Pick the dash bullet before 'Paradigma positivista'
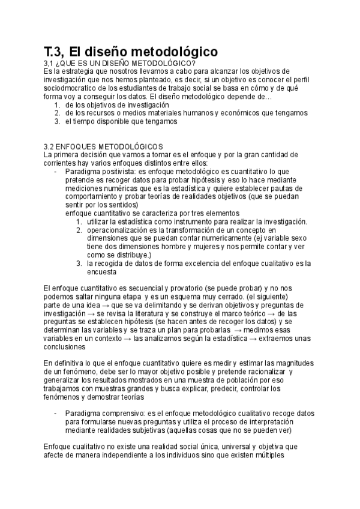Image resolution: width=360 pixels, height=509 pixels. click(56, 171)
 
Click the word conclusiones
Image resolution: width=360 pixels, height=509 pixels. click(65, 347)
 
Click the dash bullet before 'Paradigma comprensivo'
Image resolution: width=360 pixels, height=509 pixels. click(56, 414)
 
